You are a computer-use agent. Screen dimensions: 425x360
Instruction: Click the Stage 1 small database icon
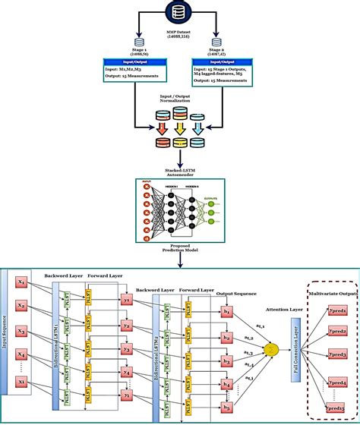coord(139,45)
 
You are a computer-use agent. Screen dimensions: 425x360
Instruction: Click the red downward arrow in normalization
coord(161,129)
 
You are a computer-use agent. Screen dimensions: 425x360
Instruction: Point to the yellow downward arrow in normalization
coord(179,129)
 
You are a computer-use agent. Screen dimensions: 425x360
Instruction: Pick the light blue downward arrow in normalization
coord(198,129)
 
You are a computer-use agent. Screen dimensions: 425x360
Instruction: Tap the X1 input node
coord(22,282)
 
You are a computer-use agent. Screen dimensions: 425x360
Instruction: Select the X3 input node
coord(22,332)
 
